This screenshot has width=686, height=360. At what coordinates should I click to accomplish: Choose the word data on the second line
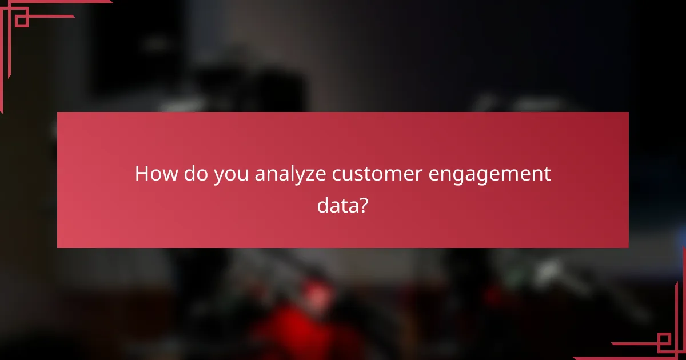[337, 205]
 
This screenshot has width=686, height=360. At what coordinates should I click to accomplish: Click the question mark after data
[362, 205]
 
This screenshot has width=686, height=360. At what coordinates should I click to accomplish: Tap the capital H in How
[141, 174]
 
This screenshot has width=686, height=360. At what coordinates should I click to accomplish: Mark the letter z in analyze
[309, 175]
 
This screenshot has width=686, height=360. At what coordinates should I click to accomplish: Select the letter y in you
[219, 176]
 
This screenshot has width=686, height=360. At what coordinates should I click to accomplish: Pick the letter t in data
[342, 205]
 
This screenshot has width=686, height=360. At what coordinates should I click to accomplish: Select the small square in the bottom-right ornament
[664, 341]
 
